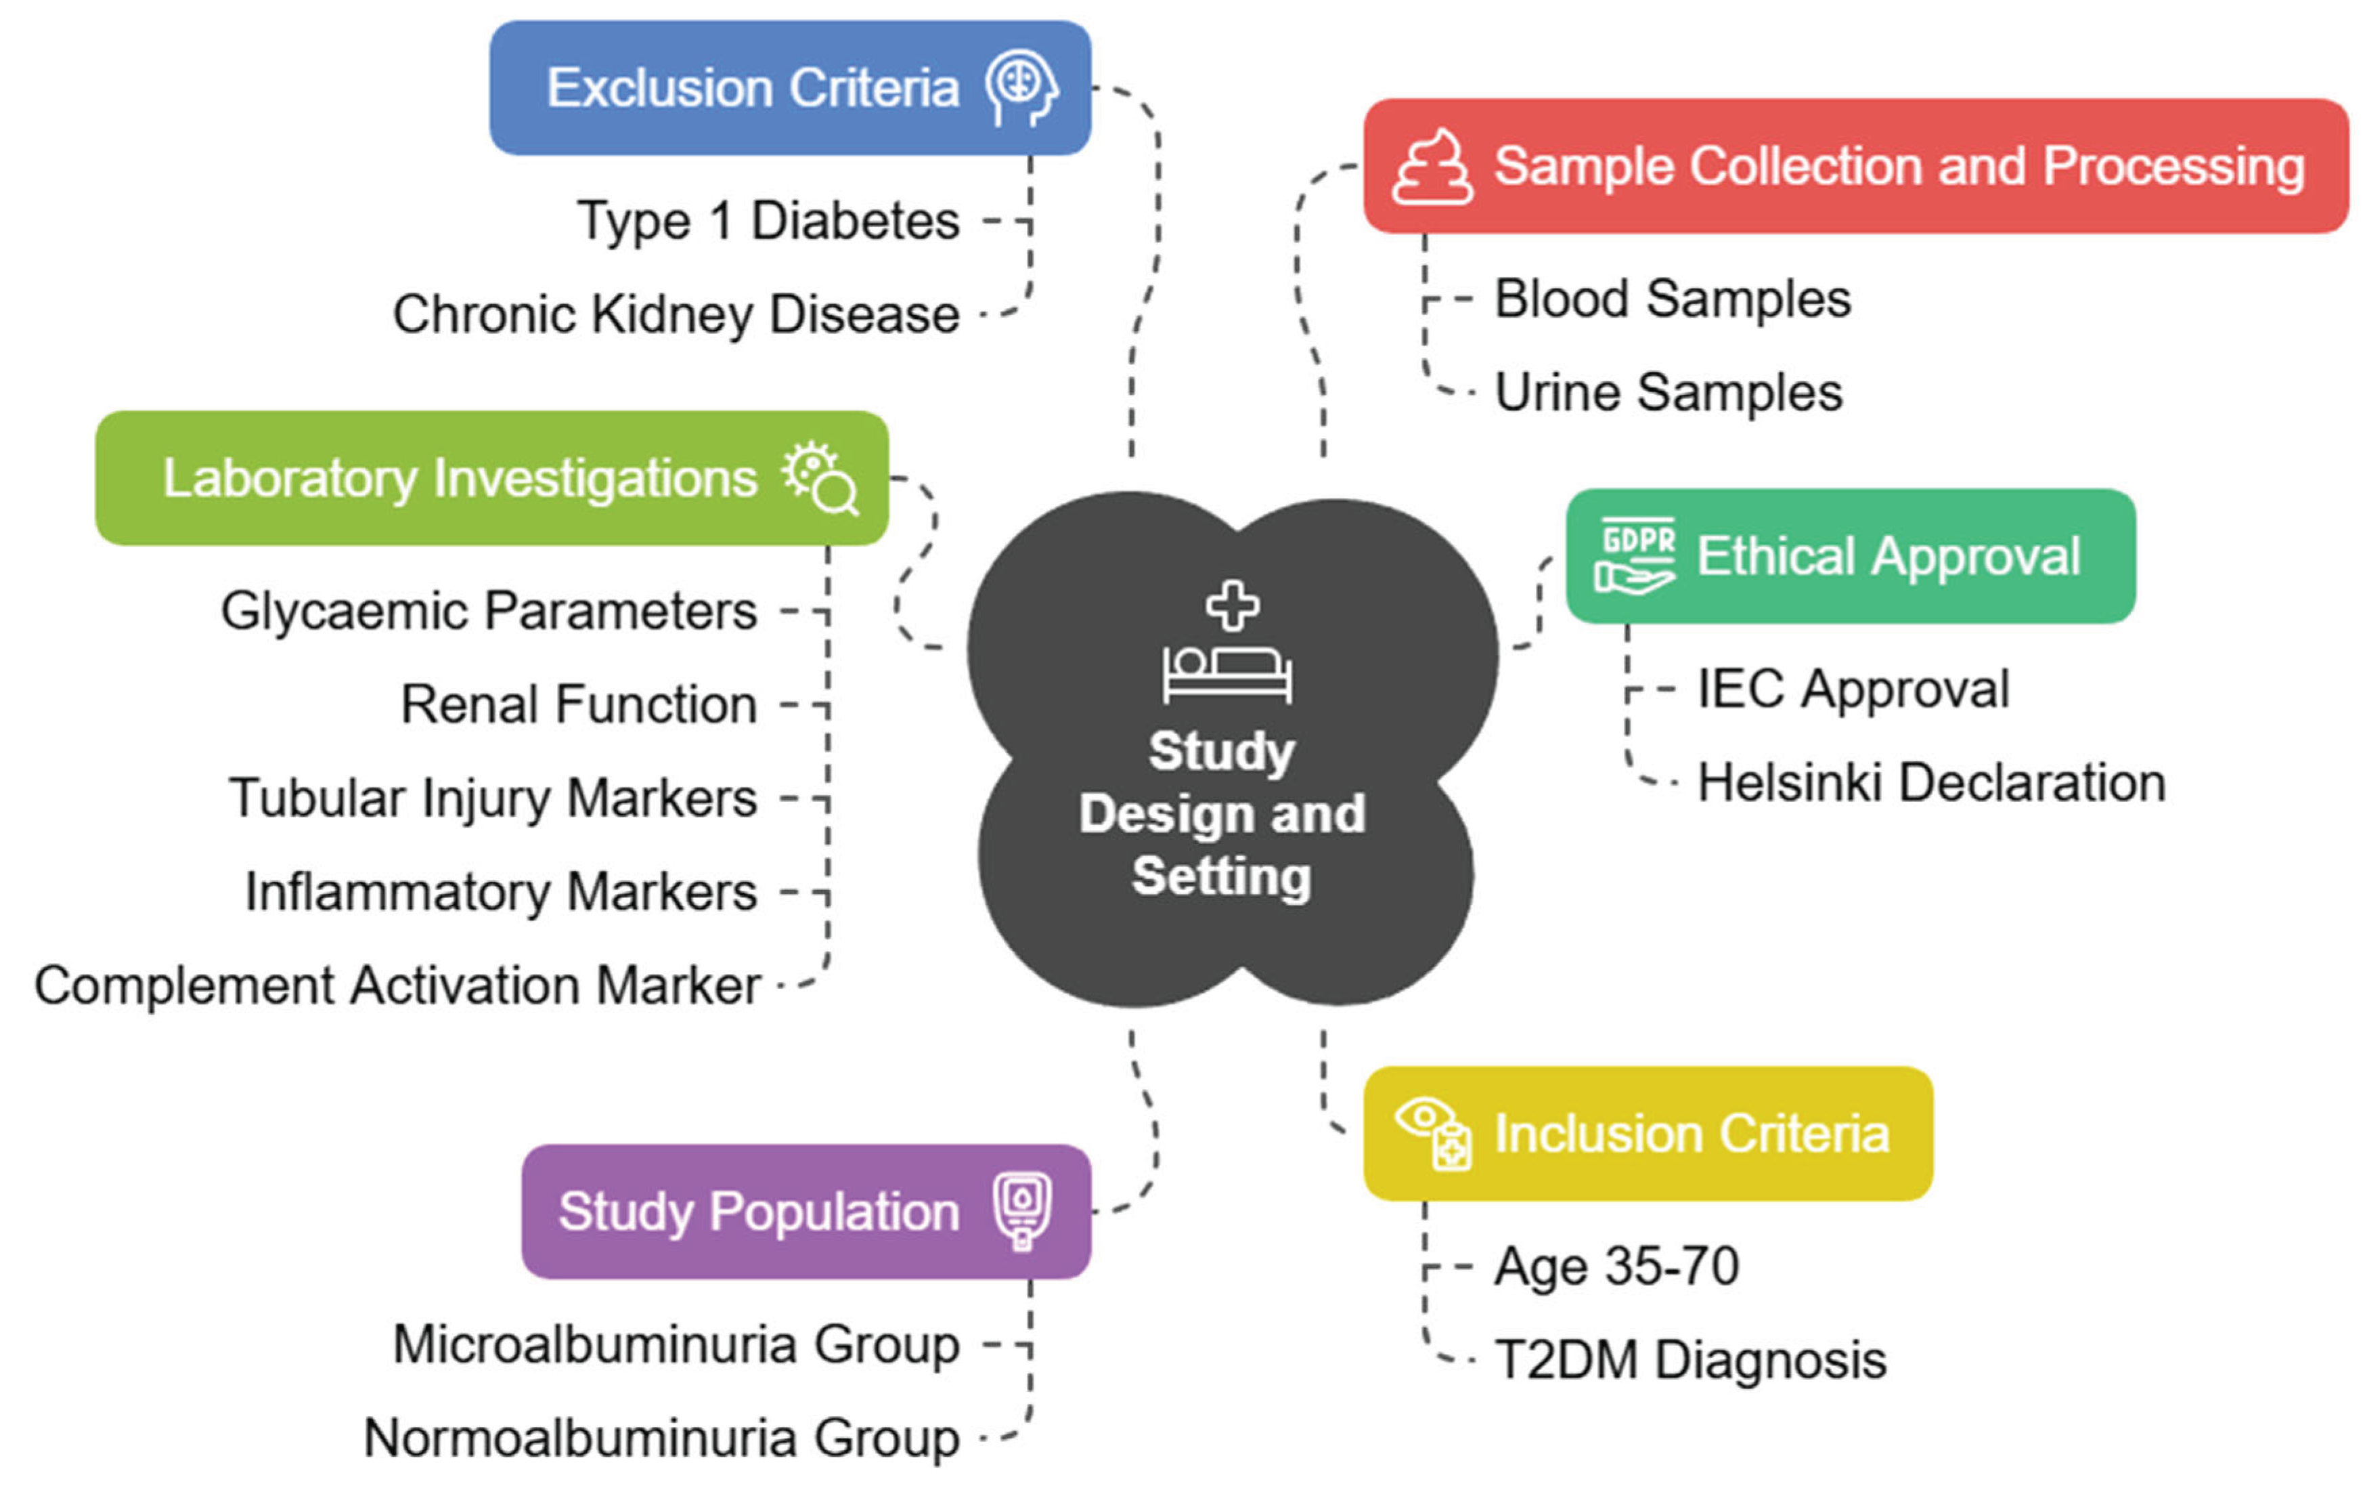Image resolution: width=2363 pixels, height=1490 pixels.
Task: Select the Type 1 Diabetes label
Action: pyautogui.click(x=768, y=220)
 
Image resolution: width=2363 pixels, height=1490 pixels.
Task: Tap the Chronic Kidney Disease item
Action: pyautogui.click(x=676, y=314)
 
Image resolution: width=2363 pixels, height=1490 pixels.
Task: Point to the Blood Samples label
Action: pyautogui.click(x=1672, y=299)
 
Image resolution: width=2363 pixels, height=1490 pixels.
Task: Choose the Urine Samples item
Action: pyautogui.click(x=1669, y=393)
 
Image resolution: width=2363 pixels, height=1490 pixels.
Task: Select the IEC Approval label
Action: pyautogui.click(x=1853, y=689)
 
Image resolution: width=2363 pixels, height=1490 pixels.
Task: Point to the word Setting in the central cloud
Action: pyautogui.click(x=1222, y=876)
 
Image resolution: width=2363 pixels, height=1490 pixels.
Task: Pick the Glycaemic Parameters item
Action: pyautogui.click(x=489, y=610)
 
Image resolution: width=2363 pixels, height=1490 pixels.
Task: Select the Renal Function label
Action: pyautogui.click(x=579, y=705)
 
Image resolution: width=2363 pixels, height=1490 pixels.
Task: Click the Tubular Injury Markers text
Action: pyautogui.click(x=493, y=798)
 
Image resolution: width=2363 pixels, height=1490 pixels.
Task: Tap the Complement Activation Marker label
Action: pyautogui.click(x=397, y=985)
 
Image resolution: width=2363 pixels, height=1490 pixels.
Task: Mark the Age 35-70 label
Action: pyautogui.click(x=1616, y=1266)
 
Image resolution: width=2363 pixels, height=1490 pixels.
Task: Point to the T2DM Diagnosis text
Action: pyautogui.click(x=1690, y=1361)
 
